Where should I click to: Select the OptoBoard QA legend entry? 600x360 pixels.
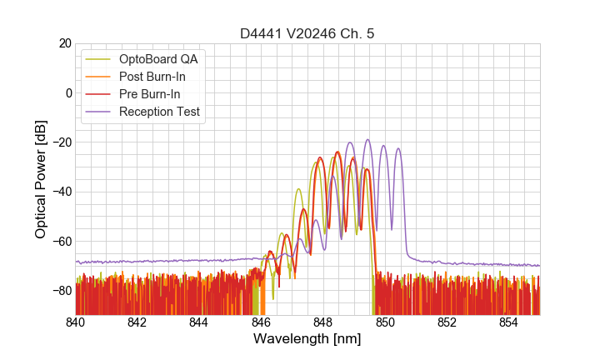pos(158,59)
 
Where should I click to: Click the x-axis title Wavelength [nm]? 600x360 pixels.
pos(307,339)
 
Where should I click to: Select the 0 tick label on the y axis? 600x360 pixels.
pos(67,92)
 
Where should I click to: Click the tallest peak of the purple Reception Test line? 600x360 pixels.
pos(367,140)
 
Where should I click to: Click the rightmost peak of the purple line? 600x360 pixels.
pos(398,148)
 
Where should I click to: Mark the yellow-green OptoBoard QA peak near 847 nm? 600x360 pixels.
pos(298,189)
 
